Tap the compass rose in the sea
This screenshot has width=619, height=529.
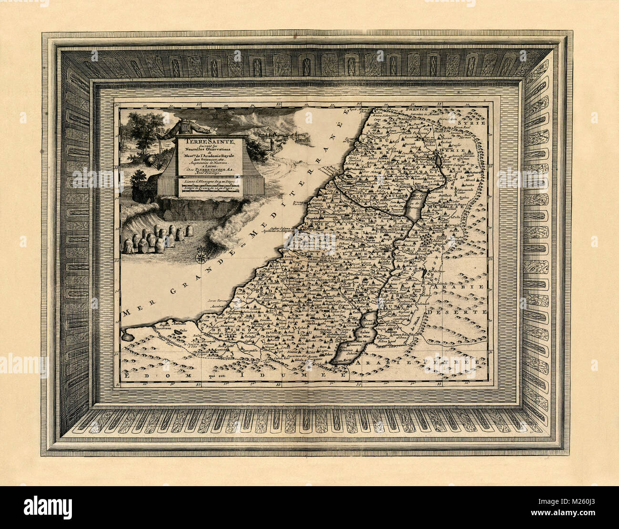[x=200, y=255]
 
